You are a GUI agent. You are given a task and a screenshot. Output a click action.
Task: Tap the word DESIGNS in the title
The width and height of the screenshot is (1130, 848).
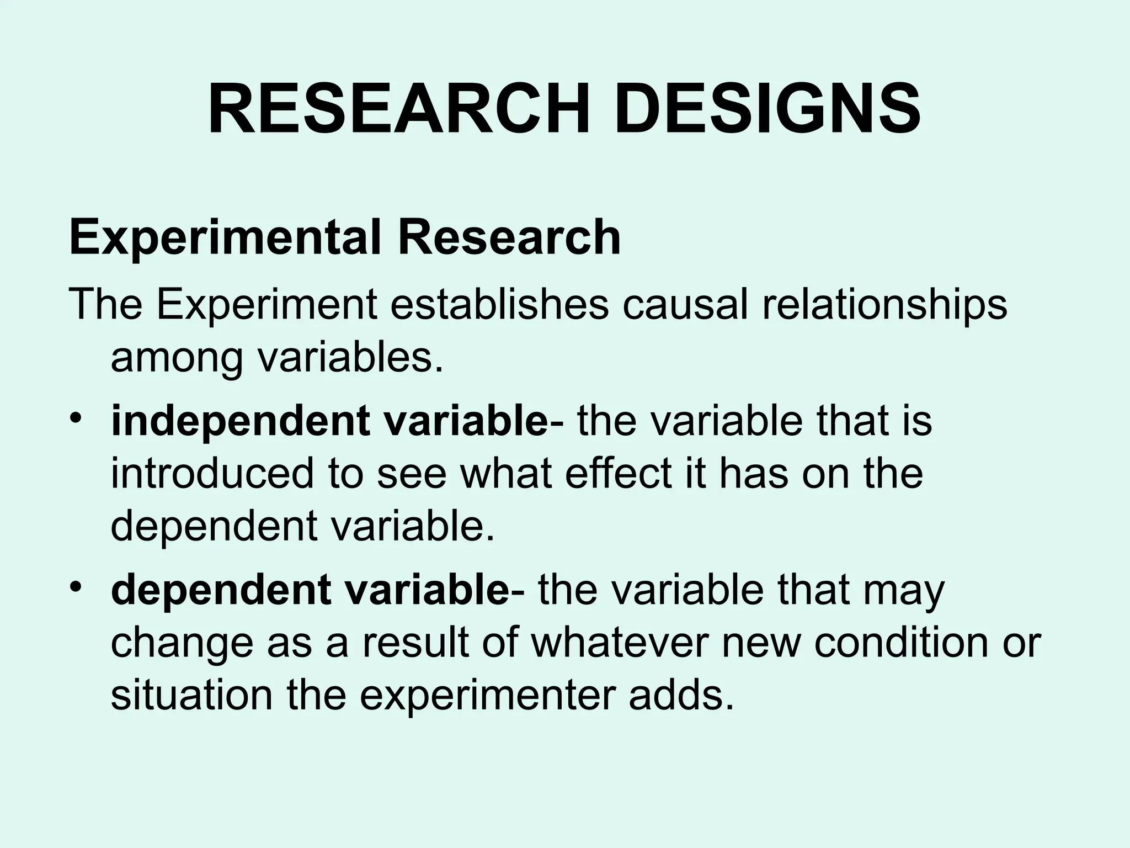tap(767, 109)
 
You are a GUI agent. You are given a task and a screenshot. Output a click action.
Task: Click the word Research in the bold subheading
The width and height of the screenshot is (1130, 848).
tap(509, 238)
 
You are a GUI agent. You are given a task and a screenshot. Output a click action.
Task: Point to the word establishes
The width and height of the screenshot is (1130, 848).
tap(500, 304)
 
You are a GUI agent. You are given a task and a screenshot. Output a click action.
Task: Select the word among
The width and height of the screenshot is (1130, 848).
tap(177, 358)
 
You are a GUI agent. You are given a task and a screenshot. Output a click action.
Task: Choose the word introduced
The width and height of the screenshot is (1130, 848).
tap(212, 473)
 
